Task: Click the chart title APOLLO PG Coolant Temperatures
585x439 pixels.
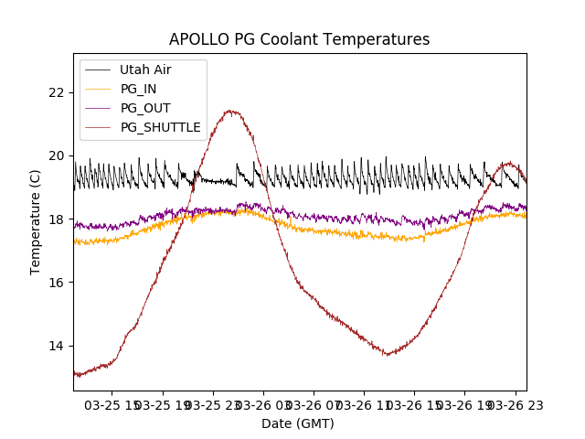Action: (299, 39)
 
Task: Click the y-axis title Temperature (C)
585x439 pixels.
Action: (37, 222)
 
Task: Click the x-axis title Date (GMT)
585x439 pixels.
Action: (298, 423)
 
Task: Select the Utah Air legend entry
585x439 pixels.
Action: (145, 70)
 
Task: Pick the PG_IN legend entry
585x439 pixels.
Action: (139, 89)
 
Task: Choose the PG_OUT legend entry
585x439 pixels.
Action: (145, 108)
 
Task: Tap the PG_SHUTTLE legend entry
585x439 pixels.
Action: (161, 127)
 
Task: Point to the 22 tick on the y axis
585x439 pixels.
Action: (57, 92)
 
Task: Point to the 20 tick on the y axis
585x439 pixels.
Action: (57, 155)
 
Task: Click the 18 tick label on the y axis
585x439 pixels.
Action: (57, 219)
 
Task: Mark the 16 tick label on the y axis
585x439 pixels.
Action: (57, 283)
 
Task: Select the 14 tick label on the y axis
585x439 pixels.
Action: (57, 346)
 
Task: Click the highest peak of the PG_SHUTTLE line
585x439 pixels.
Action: (230, 112)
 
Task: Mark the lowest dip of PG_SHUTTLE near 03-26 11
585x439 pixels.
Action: (388, 355)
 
